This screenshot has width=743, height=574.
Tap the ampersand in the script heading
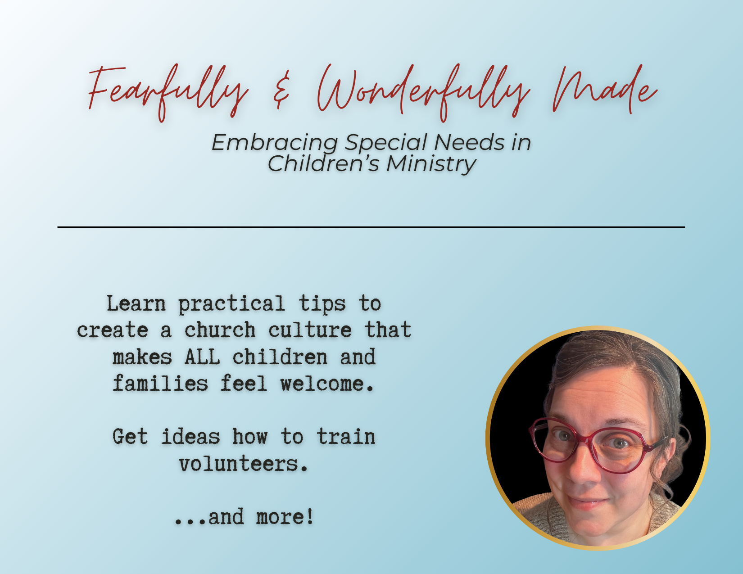[281, 90]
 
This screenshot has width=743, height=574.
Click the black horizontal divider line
[371, 226]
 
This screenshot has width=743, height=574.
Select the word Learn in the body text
[136, 303]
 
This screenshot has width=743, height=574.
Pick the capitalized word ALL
[202, 357]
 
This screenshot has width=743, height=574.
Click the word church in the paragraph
[220, 330]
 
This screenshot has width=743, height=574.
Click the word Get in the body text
[130, 437]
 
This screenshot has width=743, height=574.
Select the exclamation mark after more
[310, 516]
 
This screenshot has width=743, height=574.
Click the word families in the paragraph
[160, 384]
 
